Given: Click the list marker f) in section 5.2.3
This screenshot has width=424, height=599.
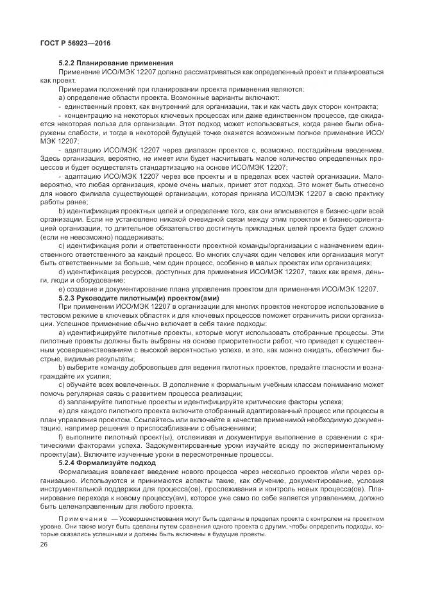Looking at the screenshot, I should pyautogui.click(x=61, y=434).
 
